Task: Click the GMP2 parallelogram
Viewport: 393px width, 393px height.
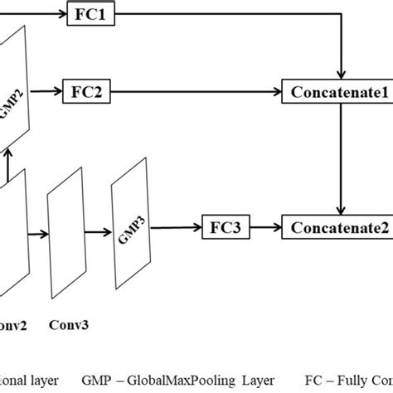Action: pos(14,92)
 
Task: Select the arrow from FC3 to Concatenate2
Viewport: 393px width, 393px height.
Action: pos(264,224)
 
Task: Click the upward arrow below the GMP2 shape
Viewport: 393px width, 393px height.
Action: pos(8,164)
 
